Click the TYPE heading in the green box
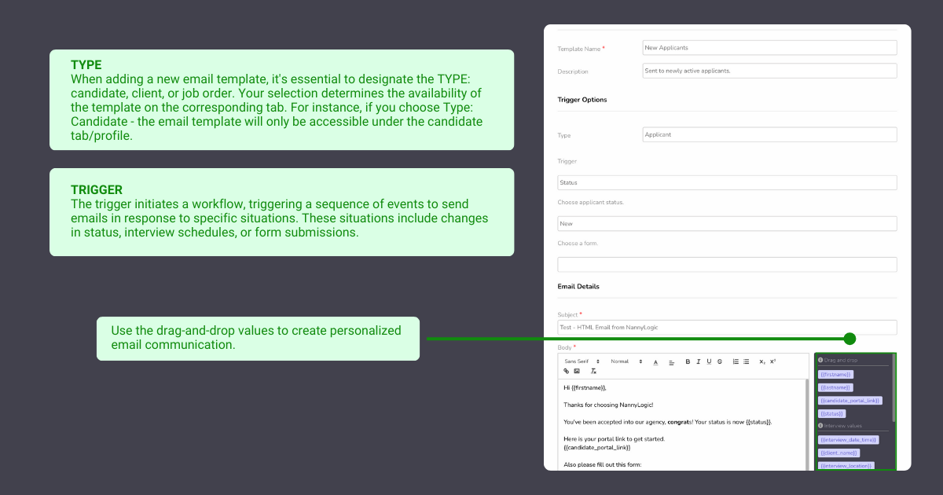(x=86, y=65)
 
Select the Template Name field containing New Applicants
(x=769, y=48)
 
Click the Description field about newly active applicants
(x=769, y=71)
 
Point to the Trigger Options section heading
(x=582, y=100)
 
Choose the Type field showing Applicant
(x=769, y=134)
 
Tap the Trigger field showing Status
(x=727, y=182)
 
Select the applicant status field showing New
(x=727, y=224)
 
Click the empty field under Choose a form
(x=727, y=265)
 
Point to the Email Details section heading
(x=578, y=287)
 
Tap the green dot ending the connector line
(x=849, y=339)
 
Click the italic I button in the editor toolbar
(x=698, y=361)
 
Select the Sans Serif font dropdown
(x=582, y=361)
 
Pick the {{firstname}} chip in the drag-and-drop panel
(x=835, y=375)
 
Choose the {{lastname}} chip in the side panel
(x=835, y=387)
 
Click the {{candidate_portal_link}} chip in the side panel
(x=850, y=401)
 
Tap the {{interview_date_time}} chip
(x=848, y=440)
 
